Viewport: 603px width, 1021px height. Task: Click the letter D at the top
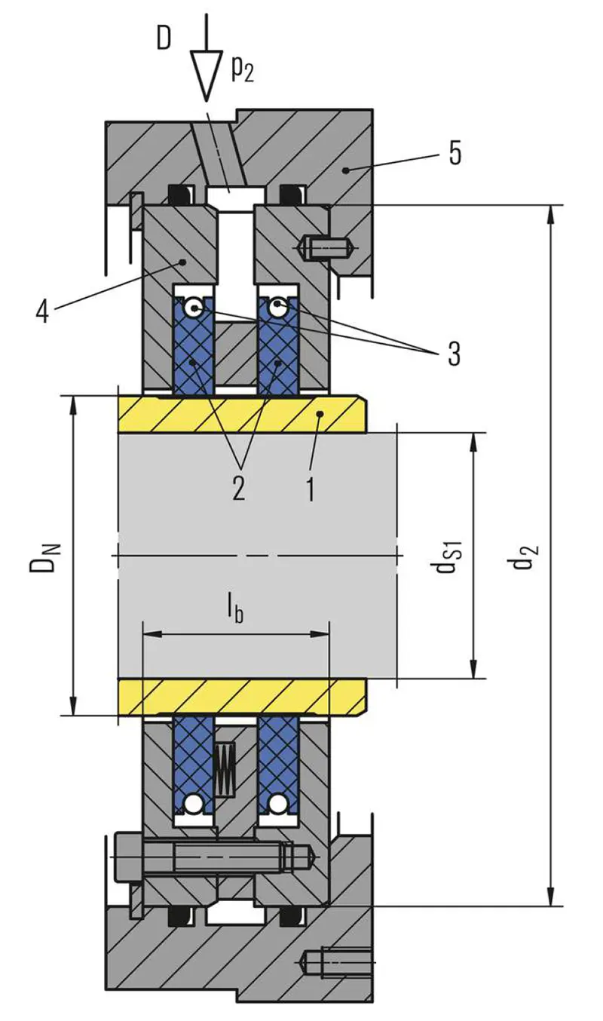164,38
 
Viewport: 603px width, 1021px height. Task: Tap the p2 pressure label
242,69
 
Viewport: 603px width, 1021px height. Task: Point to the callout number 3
453,353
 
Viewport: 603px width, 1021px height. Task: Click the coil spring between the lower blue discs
225,769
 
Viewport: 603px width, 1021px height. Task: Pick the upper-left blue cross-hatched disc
194,344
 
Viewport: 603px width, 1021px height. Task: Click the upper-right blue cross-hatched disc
278,344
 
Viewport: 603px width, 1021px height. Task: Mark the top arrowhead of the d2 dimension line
551,215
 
